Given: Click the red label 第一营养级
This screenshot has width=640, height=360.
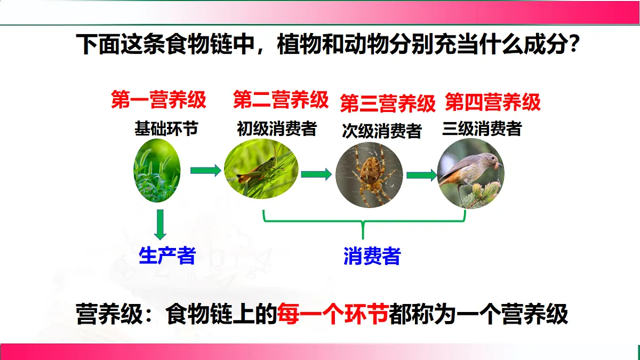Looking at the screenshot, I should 158,100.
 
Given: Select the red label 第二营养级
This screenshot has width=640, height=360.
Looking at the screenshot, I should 281,100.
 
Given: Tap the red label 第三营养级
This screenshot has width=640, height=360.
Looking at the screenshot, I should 388,103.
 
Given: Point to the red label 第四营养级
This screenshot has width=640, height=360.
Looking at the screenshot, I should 493,101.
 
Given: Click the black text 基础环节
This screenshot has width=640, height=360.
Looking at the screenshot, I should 166,129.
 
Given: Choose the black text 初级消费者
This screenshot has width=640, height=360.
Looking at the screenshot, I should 277,129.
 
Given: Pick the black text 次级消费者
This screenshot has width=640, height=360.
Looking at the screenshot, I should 382,131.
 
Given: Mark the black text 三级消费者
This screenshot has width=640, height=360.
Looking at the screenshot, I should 482,129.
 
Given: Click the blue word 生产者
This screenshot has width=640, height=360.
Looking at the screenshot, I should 167,256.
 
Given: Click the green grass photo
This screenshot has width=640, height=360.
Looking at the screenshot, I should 157,171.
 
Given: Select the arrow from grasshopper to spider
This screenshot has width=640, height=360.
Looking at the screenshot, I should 316,174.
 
